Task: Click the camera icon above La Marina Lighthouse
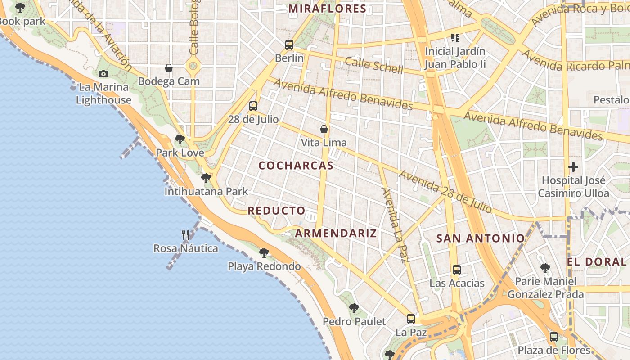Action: point(103,74)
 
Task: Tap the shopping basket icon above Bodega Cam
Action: point(169,68)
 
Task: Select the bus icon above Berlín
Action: point(289,45)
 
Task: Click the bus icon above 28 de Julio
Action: point(253,106)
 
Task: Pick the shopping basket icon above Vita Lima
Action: point(324,129)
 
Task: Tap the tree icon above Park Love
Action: point(180,139)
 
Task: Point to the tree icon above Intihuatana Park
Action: point(206,178)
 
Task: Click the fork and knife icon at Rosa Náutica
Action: point(185,234)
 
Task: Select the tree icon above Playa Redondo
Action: point(264,252)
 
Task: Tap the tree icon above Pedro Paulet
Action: point(354,308)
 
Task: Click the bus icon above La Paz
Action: point(411,319)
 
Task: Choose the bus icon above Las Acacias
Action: point(457,270)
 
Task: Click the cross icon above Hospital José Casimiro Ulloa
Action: point(573,167)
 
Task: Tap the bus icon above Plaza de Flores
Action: point(554,337)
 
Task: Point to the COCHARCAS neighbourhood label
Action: point(296,166)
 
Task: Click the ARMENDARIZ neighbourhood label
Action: point(336,233)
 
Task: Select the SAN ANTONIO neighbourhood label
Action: point(480,238)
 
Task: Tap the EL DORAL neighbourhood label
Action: point(596,262)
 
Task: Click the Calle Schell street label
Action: point(374,66)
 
